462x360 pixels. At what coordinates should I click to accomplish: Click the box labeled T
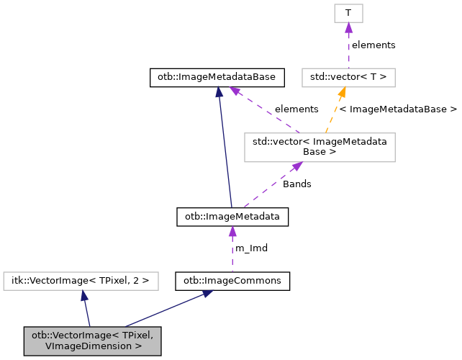point(348,13)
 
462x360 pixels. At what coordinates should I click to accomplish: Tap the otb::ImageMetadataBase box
point(217,77)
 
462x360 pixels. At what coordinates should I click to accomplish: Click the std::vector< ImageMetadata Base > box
point(320,147)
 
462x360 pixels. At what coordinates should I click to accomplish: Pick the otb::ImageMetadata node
point(232,216)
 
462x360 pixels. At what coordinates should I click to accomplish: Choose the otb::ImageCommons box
point(232,280)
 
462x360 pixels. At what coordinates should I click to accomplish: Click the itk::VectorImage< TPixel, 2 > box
point(81,280)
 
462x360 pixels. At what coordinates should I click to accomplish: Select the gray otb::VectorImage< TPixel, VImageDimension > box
point(92,341)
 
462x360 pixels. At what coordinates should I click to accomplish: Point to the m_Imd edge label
point(251,248)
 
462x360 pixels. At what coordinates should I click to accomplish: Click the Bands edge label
point(296,184)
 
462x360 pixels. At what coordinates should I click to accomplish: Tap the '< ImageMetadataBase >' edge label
point(397,109)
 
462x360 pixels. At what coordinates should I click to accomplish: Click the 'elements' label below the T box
point(373,45)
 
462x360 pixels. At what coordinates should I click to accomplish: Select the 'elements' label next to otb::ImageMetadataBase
point(296,109)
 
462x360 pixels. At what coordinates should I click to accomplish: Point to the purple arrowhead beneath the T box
point(348,27)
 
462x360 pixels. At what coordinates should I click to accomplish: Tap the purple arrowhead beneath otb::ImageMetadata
point(232,230)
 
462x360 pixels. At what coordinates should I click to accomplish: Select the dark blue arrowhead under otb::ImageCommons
point(207,294)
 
